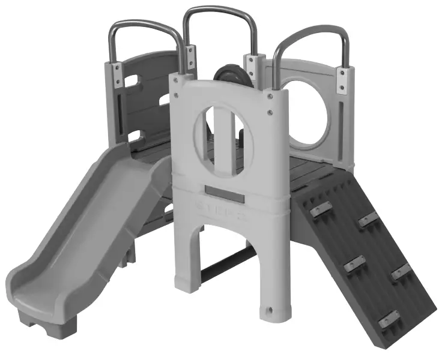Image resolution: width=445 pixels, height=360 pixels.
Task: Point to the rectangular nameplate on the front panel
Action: [224, 193]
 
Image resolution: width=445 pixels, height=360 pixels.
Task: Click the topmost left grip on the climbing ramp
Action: [321, 209]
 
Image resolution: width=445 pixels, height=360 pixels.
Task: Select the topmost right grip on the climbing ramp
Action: [368, 220]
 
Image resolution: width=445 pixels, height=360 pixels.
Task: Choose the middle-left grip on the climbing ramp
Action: [354, 263]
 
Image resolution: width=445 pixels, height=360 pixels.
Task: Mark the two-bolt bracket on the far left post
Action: [118, 75]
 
